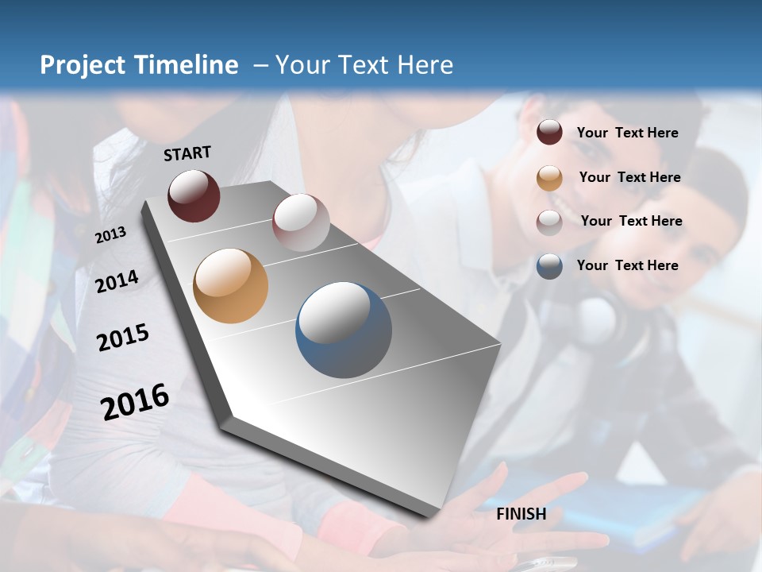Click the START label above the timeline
click(x=187, y=153)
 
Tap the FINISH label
click(x=521, y=514)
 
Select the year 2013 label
click(x=110, y=234)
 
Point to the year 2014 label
click(x=117, y=281)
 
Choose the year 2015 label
click(x=123, y=338)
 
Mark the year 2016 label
click(x=135, y=401)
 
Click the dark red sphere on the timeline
click(x=194, y=195)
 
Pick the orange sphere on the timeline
click(x=230, y=286)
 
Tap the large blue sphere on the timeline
click(x=344, y=330)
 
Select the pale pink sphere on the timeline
click(x=301, y=222)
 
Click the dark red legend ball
click(x=549, y=133)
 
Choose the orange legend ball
click(x=549, y=177)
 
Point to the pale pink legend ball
click(x=549, y=222)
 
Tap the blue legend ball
click(x=549, y=266)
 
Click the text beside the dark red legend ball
click(x=627, y=133)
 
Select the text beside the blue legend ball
click(x=627, y=265)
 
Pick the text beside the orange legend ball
click(x=629, y=177)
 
